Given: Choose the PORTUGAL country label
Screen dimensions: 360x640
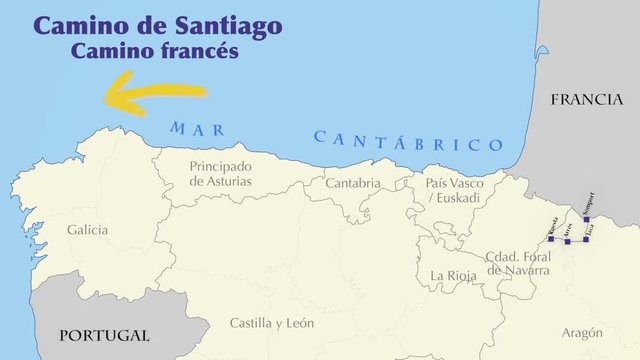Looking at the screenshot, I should pos(103,336).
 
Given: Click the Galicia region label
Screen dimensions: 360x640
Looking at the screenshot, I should pos(88,230).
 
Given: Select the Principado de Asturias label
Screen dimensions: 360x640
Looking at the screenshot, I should pos(221,174).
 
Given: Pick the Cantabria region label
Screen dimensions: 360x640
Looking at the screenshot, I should pos(353,183).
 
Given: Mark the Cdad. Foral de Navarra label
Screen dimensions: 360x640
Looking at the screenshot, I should pos(516,263).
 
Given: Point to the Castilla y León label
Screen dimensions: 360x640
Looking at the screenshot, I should pos(271,323).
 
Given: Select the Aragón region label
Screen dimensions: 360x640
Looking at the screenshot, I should pos(582,333).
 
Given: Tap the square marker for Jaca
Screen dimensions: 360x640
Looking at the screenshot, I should pos(585,238).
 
